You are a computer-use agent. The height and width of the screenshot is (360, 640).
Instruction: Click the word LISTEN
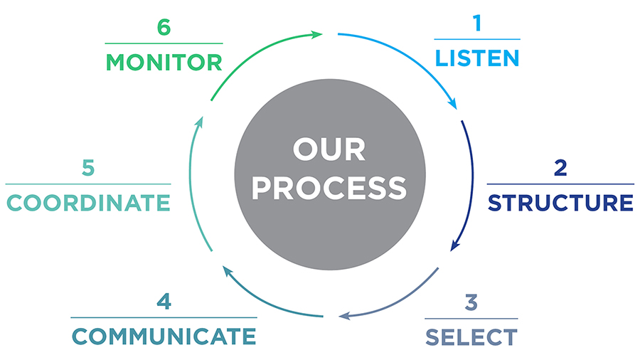pos(477,58)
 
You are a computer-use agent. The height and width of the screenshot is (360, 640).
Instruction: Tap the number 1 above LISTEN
pos(477,24)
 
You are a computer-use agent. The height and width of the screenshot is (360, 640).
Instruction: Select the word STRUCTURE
pos(560,202)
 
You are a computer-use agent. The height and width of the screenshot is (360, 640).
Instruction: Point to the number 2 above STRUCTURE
pos(560,169)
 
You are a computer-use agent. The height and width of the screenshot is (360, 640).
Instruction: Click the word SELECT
pos(471,336)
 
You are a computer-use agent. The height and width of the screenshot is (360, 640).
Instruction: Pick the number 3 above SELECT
pos(471,302)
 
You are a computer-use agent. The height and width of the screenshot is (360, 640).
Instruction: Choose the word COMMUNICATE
pos(164,336)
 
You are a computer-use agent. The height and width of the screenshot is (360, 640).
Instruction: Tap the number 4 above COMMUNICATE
pos(164,302)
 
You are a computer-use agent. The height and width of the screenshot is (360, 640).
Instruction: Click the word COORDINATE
pos(88,203)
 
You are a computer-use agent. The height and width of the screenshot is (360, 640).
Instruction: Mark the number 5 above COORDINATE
pos(88,169)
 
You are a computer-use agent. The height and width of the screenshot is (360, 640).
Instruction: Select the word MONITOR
pos(164,62)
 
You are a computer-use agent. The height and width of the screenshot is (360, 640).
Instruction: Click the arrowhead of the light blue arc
pos(453,105)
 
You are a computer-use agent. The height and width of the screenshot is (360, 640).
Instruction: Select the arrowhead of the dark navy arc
pos(453,247)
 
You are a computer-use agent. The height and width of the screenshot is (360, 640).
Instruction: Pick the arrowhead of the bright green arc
pos(318,33)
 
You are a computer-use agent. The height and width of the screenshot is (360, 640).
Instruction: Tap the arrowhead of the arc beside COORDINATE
pos(198,122)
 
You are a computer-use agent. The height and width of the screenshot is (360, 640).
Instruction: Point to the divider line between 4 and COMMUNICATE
pos(164,317)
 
